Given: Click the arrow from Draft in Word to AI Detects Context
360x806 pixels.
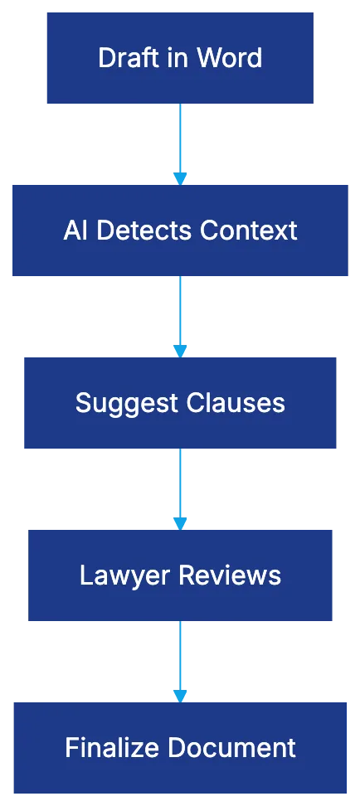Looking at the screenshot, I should (181, 143).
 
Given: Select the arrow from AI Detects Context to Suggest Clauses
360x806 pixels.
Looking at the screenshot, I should (181, 315).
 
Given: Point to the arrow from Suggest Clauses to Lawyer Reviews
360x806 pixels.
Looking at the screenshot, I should (181, 488).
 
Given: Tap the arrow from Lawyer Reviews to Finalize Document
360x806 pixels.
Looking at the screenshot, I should (181, 660).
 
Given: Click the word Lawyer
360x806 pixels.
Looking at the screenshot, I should (118, 575).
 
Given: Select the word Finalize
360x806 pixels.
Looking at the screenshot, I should (106, 748).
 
